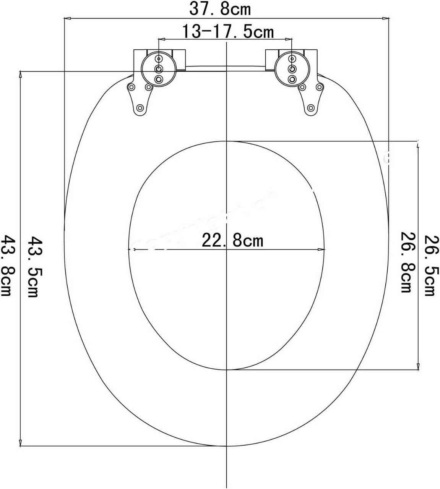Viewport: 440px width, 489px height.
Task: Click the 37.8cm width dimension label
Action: pos(220,8)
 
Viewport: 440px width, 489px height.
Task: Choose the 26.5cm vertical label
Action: pos(430,265)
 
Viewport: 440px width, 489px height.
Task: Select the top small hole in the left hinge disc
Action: pos(159,59)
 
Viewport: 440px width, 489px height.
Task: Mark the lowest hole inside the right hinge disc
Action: pos(292,79)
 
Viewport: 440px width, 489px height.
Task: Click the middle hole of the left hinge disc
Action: pos(159,69)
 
